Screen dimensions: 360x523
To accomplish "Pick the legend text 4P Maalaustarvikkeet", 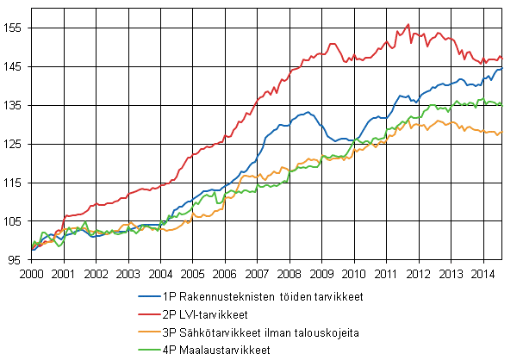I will click(x=216, y=351).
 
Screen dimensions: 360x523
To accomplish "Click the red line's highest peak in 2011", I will click(x=408, y=24).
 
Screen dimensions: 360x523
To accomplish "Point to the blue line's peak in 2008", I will click(x=308, y=112).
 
